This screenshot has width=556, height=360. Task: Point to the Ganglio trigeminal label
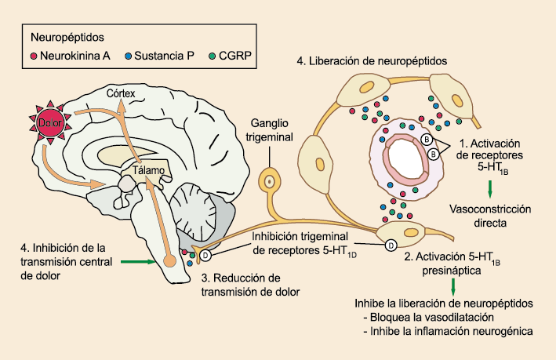pyautogui.click(x=269, y=131)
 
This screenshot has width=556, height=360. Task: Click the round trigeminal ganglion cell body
pyautogui.click(x=271, y=180)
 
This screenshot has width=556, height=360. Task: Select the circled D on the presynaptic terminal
pyautogui.click(x=390, y=245)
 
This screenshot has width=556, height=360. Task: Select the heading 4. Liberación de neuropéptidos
pyautogui.click(x=372, y=60)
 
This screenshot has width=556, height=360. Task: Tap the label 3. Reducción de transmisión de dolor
pyautogui.click(x=250, y=285)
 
